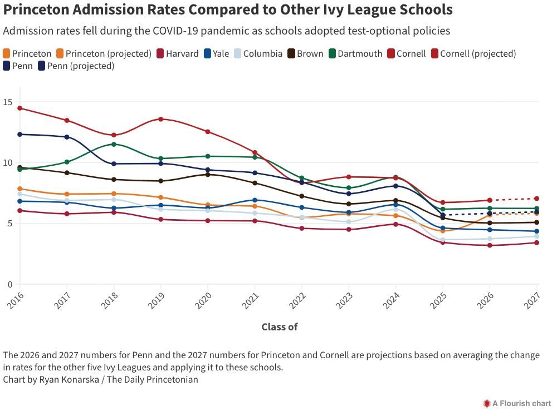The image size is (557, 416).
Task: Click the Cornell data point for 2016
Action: pyautogui.click(x=20, y=108)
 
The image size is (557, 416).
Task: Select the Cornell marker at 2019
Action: pyautogui.click(x=161, y=119)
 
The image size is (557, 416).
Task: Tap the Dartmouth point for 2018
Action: pyautogui.click(x=114, y=144)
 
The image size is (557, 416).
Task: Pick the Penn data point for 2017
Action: pyautogui.click(x=67, y=137)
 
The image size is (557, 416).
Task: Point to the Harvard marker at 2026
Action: pyautogui.click(x=490, y=245)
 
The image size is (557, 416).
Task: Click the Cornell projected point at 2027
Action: pyautogui.click(x=537, y=199)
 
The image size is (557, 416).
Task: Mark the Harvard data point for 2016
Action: pyautogui.click(x=20, y=211)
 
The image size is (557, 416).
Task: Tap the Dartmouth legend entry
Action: pyautogui.click(x=355, y=54)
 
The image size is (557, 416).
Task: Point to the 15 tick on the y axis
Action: pyautogui.click(x=8, y=102)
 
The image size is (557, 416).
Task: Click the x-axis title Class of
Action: pyautogui.click(x=280, y=327)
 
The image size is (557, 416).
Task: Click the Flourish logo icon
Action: pyautogui.click(x=486, y=403)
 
